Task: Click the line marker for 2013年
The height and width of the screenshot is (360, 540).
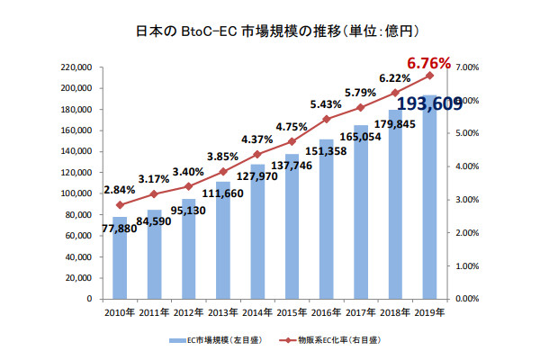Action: pos(223,171)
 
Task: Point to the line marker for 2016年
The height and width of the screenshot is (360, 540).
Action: pos(326,119)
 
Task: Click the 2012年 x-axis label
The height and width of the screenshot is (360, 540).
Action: pos(188,314)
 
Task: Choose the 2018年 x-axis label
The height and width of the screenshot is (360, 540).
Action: pos(395,314)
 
